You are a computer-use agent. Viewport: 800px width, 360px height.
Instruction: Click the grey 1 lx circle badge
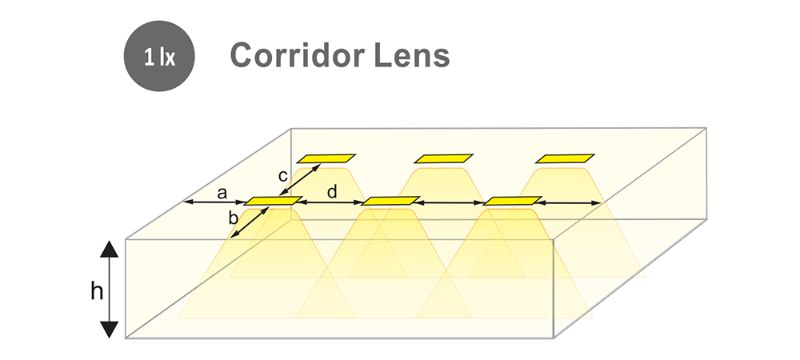[x=159, y=56]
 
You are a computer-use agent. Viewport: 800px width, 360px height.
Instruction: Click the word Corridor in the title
[x=298, y=54]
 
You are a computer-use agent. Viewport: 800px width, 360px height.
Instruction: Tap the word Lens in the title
[x=412, y=55]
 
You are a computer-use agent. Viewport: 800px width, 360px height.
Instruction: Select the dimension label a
[x=222, y=194]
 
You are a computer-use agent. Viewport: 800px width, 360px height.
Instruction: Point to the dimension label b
[x=233, y=218]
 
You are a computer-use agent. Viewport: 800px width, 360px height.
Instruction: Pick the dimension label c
[x=283, y=176]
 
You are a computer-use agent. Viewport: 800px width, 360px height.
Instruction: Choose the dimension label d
[x=332, y=192]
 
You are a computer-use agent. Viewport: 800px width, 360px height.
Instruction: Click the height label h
[x=97, y=291]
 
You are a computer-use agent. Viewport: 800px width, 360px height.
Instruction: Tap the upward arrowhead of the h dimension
[x=109, y=249]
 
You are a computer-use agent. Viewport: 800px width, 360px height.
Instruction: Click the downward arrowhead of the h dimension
[x=109, y=330]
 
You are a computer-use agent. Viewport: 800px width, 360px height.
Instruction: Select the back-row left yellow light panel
[x=326, y=158]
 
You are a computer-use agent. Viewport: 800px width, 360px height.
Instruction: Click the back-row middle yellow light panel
[x=443, y=158]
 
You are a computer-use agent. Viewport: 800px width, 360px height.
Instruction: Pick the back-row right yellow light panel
[x=565, y=158]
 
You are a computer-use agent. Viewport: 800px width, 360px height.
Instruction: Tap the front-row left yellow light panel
[x=274, y=201]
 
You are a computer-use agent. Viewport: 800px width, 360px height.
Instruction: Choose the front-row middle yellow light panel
[x=390, y=201]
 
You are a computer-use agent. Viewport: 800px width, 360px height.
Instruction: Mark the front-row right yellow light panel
[x=512, y=200]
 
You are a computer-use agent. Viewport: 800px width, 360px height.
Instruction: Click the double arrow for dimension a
[x=214, y=202]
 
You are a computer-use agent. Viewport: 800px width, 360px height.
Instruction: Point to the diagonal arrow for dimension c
[x=300, y=179]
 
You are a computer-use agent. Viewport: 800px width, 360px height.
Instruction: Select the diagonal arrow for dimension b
[x=250, y=222]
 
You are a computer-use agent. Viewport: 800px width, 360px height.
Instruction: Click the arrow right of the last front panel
[x=569, y=203]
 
